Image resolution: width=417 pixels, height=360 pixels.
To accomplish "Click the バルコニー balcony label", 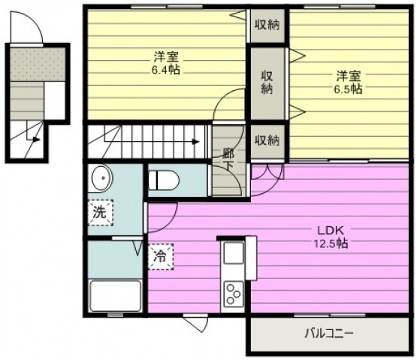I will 328,332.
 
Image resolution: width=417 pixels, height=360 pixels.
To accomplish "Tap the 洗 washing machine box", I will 100,212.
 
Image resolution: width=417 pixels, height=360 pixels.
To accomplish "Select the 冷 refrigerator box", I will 160,256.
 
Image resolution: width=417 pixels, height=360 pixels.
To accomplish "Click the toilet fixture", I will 163,180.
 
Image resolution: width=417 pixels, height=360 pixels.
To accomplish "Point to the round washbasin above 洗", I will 100,180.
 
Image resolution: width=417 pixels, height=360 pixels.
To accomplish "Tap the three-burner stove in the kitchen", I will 232,294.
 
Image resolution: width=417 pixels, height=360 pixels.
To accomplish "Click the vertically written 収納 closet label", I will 267,83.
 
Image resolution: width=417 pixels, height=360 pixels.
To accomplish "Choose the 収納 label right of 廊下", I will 267,140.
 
